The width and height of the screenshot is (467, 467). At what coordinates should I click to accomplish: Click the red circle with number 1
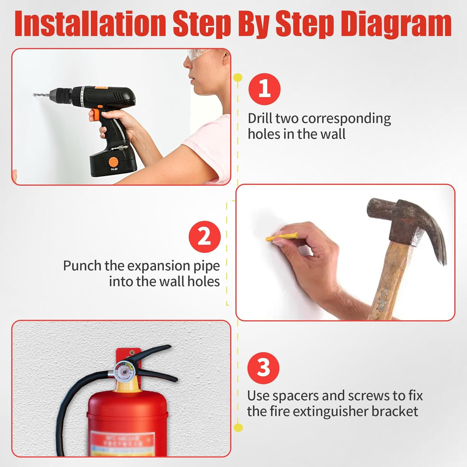[x=264, y=89]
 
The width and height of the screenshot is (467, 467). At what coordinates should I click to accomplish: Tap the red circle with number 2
[x=204, y=237]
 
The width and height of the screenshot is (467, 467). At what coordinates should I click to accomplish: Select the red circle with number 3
[x=264, y=368]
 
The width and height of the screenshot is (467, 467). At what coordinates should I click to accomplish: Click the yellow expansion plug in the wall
[x=281, y=237]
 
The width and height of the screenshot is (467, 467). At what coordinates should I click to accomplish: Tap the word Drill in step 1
[x=259, y=119]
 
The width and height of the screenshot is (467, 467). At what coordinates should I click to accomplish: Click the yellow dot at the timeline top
[x=238, y=77]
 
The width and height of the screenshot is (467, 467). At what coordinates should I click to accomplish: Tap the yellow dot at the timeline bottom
[x=238, y=427]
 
